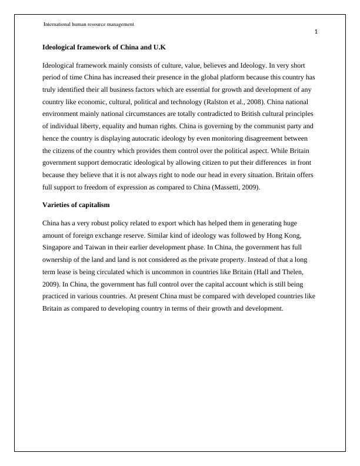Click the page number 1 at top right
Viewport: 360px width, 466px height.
316,32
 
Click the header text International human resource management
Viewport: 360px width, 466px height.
89,24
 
